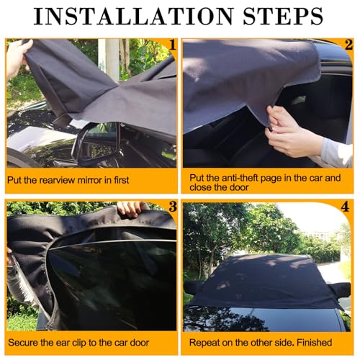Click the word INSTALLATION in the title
point(133,16)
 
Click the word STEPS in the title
point(283,16)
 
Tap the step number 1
point(172,45)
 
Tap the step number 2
point(348,45)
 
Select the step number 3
point(173,207)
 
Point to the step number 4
point(345,207)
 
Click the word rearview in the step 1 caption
point(55,180)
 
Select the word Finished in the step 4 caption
point(315,343)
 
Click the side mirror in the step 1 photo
point(96,143)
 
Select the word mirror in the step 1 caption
point(87,180)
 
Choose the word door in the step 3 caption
point(140,343)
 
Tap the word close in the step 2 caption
point(200,187)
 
